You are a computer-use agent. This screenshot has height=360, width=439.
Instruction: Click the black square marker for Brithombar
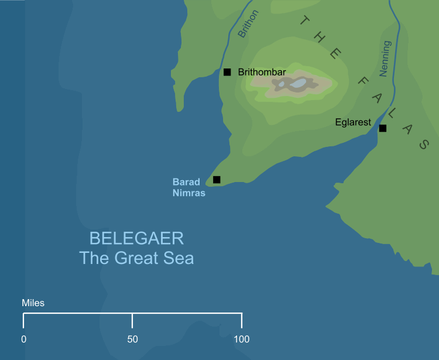227,72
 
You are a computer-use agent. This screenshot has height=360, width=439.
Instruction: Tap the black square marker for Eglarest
382,128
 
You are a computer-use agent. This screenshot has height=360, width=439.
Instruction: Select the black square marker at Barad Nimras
217,180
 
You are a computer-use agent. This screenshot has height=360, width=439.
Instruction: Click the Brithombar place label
262,72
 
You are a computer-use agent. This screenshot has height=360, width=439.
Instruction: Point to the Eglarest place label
353,122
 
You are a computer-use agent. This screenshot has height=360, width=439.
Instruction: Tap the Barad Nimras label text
188,187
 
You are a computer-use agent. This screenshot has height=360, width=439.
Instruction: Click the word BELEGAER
136,239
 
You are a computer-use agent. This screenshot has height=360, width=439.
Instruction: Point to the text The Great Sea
136,258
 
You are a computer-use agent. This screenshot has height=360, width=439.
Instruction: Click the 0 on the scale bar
23,339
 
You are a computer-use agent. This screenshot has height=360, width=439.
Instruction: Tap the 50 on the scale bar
132,339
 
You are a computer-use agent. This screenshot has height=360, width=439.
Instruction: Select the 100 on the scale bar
242,339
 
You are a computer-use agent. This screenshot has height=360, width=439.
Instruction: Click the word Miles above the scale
33,303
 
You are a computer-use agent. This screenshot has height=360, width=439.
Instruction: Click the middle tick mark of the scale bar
132,321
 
